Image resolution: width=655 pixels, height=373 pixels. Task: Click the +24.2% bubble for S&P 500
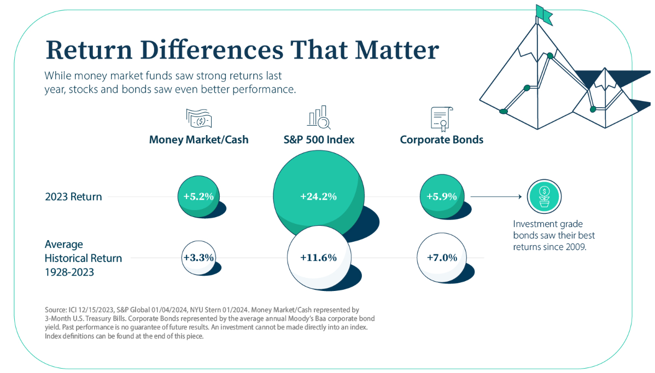pyautogui.click(x=318, y=196)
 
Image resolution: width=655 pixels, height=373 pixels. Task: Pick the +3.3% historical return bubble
pyautogui.click(x=198, y=257)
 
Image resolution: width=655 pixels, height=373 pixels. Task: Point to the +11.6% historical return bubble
pyautogui.click(x=318, y=258)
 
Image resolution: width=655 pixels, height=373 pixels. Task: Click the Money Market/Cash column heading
pyautogui.click(x=198, y=139)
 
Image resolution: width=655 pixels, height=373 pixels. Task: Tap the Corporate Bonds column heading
pyautogui.click(x=442, y=139)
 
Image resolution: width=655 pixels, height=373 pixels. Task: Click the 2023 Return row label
pyautogui.click(x=73, y=196)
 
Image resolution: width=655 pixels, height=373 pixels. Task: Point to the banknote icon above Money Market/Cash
pyautogui.click(x=198, y=118)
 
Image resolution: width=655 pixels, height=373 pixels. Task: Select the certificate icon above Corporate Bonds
pyautogui.click(x=440, y=118)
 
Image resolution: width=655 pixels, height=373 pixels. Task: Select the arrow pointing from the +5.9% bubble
pyautogui.click(x=495, y=196)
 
